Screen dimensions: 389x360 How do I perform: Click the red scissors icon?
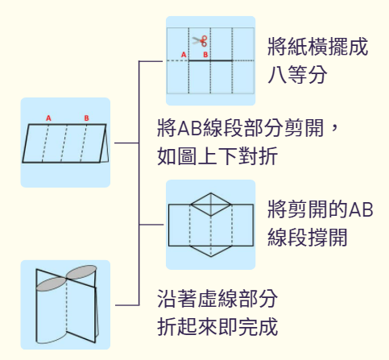point(200,41)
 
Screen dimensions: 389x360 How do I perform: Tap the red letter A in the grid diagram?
point(184,55)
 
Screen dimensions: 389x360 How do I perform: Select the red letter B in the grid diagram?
point(205,55)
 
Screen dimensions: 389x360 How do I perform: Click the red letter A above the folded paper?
point(48,118)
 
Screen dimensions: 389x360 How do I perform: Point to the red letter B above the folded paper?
point(86,118)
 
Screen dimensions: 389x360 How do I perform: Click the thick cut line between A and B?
point(210,60)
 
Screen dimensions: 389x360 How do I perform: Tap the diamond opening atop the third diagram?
point(211,205)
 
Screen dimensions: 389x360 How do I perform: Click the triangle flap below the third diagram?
point(211,251)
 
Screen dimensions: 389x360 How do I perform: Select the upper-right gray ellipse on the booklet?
point(81,272)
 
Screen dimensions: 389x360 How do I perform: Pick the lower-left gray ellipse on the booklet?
point(52,284)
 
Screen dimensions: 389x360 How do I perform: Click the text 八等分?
point(297,75)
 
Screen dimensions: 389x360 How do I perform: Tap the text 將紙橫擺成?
point(317,47)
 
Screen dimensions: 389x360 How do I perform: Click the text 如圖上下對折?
point(217,156)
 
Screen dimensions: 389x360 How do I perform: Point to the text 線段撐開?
point(308,237)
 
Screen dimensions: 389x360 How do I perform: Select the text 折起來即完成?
point(217,326)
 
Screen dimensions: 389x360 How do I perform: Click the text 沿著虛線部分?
point(217,298)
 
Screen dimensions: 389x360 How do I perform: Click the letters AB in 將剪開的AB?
point(361,209)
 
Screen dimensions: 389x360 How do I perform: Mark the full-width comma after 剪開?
point(335,131)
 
